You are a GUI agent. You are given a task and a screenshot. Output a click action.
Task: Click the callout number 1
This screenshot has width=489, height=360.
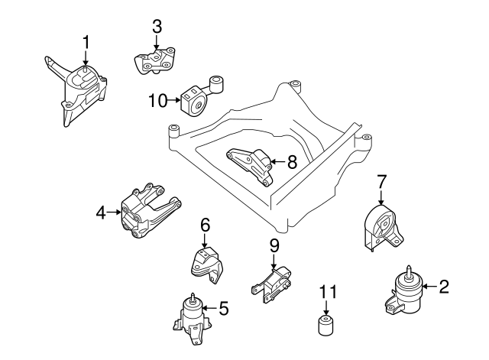click(x=86, y=41)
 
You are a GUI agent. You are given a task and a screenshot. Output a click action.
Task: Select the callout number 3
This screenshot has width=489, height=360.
click(x=157, y=25)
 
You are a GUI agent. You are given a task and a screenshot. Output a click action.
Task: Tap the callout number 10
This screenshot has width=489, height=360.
click(x=157, y=99)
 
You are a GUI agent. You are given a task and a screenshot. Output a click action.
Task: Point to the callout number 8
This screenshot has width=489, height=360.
click(x=291, y=161)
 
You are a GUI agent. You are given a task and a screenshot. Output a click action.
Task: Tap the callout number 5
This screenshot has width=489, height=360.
click(x=224, y=308)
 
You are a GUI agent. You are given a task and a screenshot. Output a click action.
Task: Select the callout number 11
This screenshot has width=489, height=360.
click(x=327, y=290)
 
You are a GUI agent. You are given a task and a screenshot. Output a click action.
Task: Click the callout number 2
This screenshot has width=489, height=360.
click(x=444, y=287)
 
